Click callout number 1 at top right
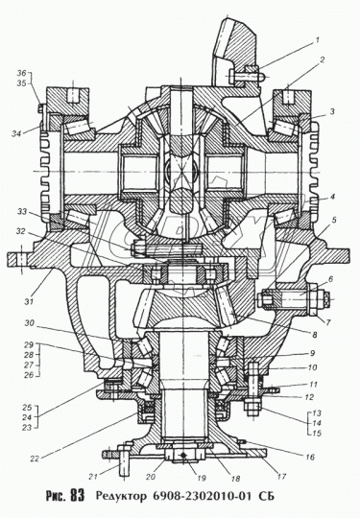pos(317,40)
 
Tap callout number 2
pos(322,59)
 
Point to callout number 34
pos(17,133)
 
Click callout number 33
pos(22,212)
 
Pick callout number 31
pos(29,301)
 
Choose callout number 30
pos(30,323)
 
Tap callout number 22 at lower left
pos(35,459)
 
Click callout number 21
pos(93,476)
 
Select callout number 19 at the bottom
pos(201,478)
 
